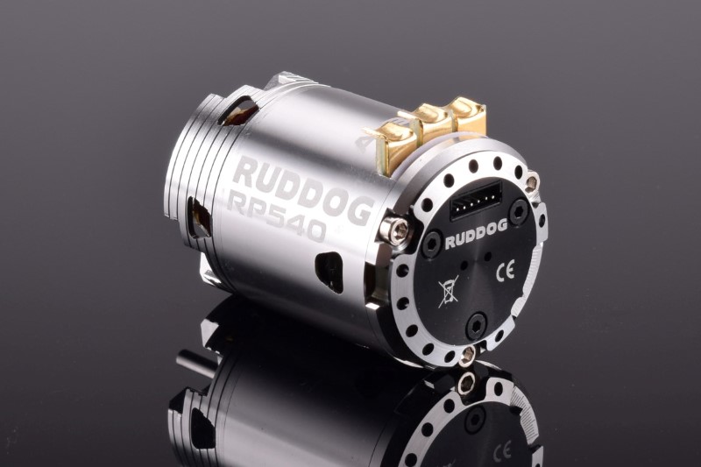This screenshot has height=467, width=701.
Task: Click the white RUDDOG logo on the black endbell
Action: (x=477, y=234)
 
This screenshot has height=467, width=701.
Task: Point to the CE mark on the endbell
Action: (x=506, y=270)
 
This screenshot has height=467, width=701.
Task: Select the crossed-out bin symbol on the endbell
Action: (x=448, y=293)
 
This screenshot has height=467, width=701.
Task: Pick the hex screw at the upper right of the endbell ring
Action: (x=532, y=182)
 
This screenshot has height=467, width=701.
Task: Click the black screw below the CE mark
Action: (x=477, y=325)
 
